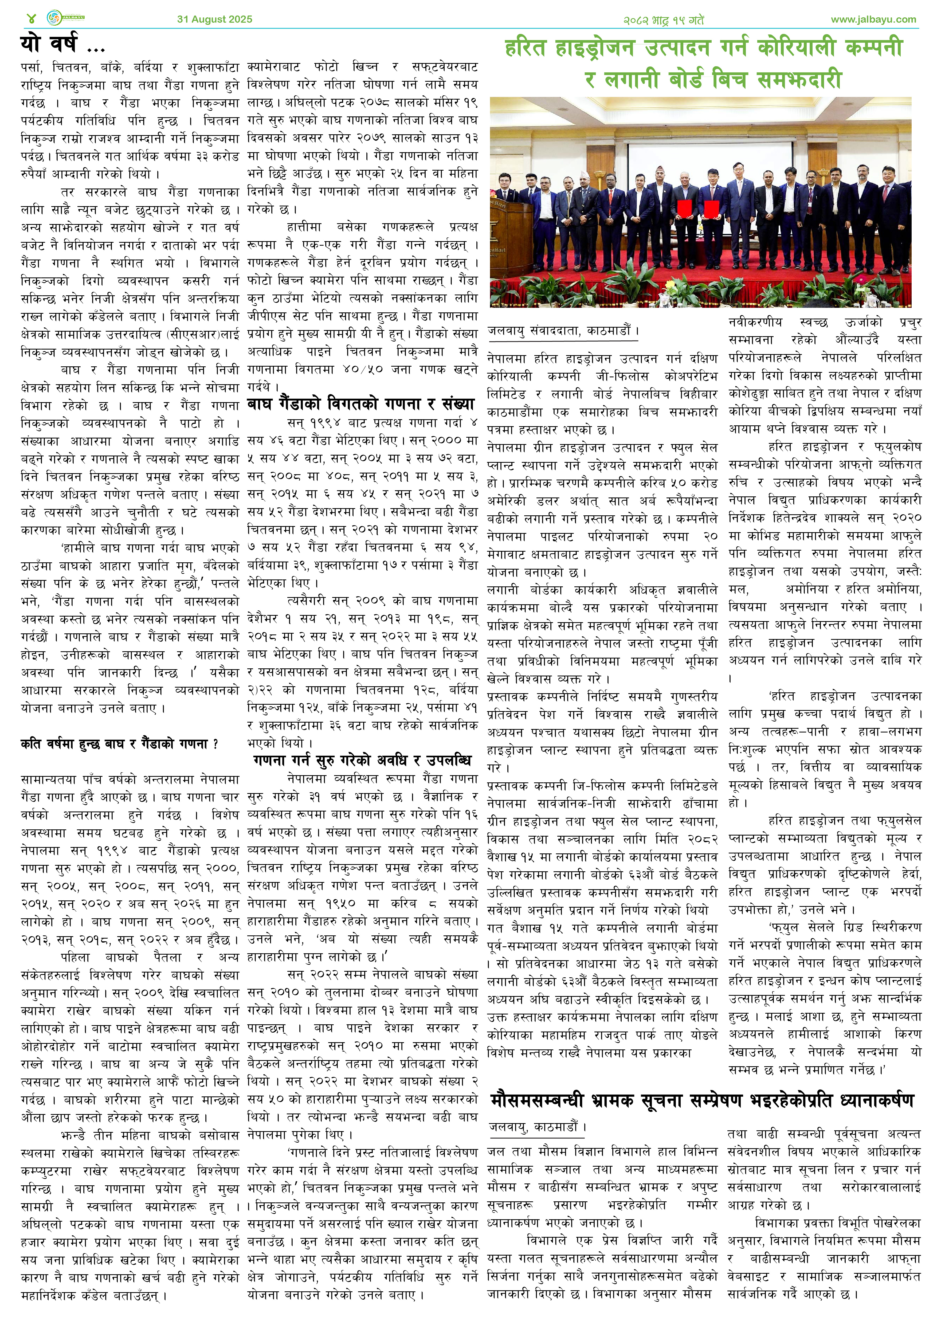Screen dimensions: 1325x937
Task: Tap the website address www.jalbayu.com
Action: tap(873, 19)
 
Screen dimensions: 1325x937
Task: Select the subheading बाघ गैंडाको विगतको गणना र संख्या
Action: tap(360, 404)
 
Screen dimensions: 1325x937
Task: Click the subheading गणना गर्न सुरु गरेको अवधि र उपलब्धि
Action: tap(362, 760)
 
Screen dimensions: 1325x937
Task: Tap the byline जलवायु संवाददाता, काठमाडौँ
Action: tap(563, 331)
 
